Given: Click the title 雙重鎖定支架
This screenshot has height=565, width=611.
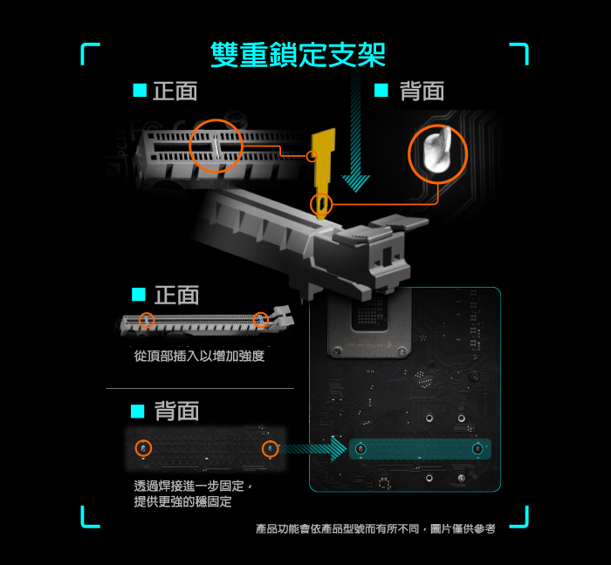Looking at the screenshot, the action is pyautogui.click(x=299, y=54).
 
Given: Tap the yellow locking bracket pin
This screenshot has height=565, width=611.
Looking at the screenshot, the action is pyautogui.click(x=324, y=171).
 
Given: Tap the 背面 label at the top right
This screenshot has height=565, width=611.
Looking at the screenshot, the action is pyautogui.click(x=422, y=91).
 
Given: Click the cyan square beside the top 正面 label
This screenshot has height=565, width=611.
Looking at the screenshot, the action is pyautogui.click(x=140, y=90).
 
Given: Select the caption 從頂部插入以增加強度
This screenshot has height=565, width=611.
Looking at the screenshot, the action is pyautogui.click(x=199, y=356).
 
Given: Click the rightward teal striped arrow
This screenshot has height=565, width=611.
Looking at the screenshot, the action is pyautogui.click(x=312, y=449).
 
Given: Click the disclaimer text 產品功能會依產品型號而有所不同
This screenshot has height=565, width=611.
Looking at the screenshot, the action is pyautogui.click(x=337, y=528).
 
